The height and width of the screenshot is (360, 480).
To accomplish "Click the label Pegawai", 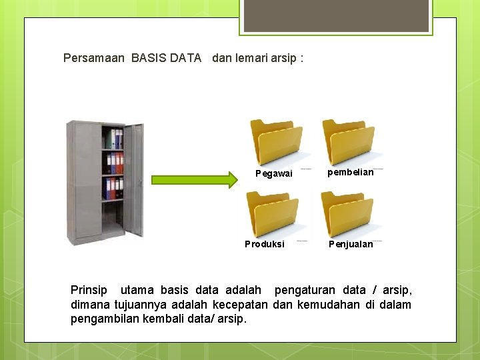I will click(x=274, y=173).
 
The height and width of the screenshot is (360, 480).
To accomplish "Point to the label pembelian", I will click(x=351, y=172).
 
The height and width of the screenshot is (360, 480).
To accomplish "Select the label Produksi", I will click(x=265, y=244).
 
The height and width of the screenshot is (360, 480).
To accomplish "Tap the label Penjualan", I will click(x=351, y=244).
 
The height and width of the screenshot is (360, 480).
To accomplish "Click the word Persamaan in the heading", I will click(x=93, y=58).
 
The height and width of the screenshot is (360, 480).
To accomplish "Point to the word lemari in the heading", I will click(x=252, y=58).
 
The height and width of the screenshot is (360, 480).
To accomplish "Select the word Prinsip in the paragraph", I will click(x=89, y=290).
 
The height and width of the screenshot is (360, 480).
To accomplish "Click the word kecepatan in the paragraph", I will click(x=241, y=305).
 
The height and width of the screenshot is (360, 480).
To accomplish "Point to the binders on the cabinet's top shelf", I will click(x=113, y=139).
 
